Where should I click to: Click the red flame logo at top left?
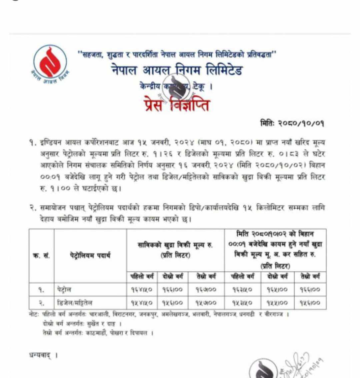50,63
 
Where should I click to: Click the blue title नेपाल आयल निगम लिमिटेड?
177,70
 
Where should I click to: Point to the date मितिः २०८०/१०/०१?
292,123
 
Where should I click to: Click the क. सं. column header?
41,256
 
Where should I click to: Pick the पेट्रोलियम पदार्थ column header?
90,256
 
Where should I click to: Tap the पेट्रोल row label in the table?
64,289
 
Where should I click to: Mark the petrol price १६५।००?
277,289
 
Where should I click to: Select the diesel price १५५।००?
277,303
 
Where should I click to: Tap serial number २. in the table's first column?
41,303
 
